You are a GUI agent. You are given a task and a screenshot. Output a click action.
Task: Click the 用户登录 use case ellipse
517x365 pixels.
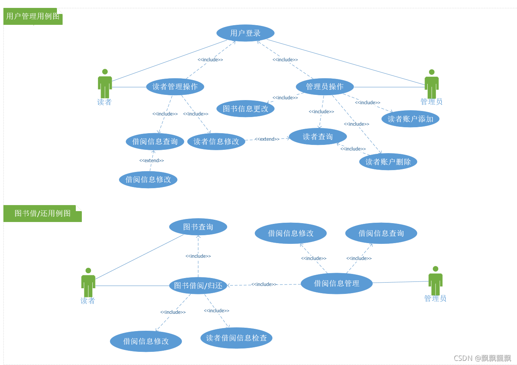245,33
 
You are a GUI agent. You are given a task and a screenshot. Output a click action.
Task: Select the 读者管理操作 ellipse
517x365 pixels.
175,87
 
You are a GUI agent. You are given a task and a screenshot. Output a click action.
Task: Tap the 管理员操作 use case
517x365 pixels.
325,87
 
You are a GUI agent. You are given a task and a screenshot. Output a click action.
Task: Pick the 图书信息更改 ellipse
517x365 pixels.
245,109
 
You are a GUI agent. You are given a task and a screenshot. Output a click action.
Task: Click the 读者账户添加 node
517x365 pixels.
410,119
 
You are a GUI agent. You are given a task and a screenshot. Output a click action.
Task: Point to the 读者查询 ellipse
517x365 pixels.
318,137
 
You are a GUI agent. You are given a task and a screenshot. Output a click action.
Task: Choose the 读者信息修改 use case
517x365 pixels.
216,141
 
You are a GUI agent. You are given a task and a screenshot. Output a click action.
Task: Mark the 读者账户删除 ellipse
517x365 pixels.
388,162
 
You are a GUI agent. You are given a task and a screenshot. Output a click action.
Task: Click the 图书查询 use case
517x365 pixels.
198,227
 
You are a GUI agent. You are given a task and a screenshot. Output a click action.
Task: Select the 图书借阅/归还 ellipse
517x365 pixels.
198,286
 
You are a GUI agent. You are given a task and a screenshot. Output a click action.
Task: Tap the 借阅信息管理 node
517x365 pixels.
336,283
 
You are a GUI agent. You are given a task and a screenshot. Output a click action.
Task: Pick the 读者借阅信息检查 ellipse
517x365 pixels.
236,338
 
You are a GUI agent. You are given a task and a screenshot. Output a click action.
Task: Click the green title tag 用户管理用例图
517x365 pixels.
33,17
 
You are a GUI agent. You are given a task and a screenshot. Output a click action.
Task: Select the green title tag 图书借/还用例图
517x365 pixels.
42,213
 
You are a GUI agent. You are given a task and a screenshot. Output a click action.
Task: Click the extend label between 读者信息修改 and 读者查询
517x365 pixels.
267,139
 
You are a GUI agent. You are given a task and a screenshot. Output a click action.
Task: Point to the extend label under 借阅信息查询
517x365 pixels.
152,161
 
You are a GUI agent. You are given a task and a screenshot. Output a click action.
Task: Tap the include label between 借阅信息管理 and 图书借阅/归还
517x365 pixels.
264,284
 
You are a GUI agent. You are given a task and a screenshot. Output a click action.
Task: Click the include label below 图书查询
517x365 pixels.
198,256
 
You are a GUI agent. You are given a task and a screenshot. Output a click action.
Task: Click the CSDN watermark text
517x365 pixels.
482,358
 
